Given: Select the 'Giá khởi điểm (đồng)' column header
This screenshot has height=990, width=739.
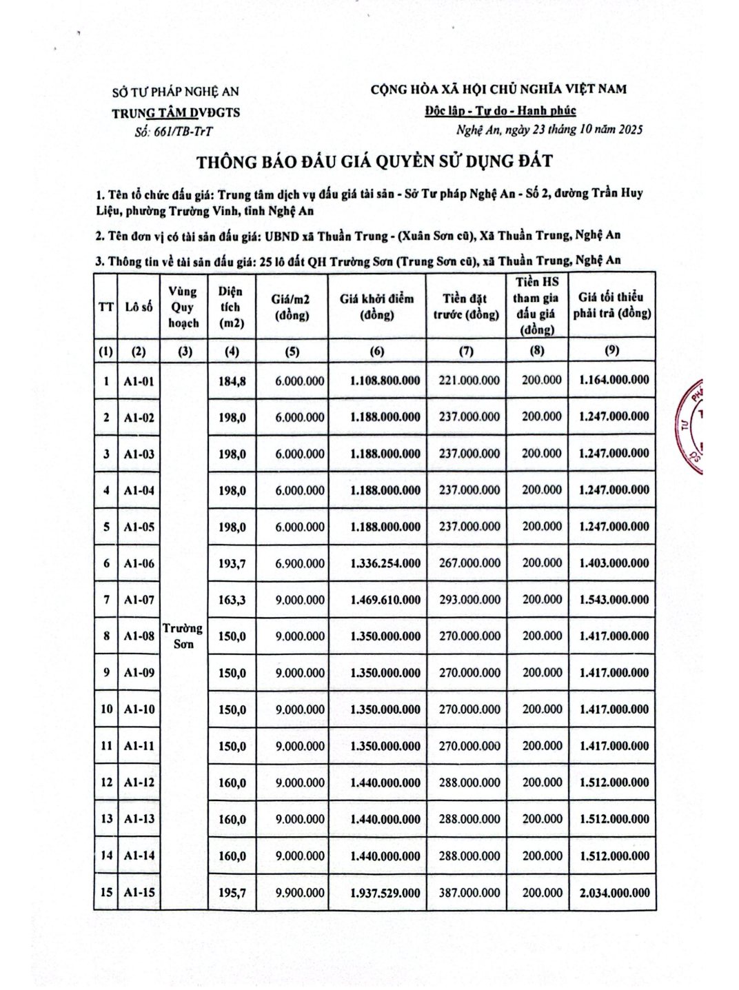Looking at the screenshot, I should point(376,307).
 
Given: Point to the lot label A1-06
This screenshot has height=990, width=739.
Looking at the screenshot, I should point(139,563).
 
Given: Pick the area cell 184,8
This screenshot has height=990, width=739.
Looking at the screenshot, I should point(232,381).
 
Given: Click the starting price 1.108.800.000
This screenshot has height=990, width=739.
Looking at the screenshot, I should point(376,381).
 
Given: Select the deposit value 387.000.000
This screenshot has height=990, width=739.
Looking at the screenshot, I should point(467,892).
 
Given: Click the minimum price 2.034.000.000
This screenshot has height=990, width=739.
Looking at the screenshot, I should point(614,892).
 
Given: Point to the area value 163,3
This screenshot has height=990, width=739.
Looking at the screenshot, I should point(232,600).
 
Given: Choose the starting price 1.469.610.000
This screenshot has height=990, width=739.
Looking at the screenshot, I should point(376,600).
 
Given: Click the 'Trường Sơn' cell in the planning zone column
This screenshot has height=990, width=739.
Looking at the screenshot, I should point(183,636).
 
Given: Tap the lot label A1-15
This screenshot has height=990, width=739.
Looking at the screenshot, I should point(139,892).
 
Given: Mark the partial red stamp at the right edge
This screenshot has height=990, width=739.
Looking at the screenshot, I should point(691,427).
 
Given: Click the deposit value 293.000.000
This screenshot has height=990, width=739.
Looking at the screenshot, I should point(467,600).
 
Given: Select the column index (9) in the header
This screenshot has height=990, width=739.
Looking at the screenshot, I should point(611,350).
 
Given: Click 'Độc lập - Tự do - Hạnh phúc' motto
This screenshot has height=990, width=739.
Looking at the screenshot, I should point(500,110).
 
